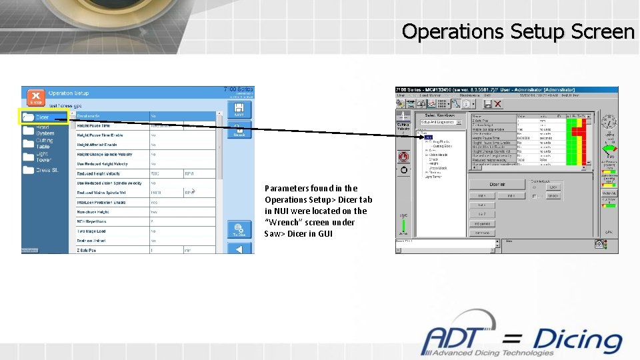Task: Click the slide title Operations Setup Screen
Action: click(x=518, y=31)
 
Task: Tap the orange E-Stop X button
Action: click(x=35, y=98)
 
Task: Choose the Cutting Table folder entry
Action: click(x=44, y=143)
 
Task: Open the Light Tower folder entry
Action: click(x=43, y=157)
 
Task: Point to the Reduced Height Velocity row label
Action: click(x=98, y=173)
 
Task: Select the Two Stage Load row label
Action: click(x=91, y=231)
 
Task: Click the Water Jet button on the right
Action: click(x=609, y=193)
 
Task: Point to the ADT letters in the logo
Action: click(x=459, y=339)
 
